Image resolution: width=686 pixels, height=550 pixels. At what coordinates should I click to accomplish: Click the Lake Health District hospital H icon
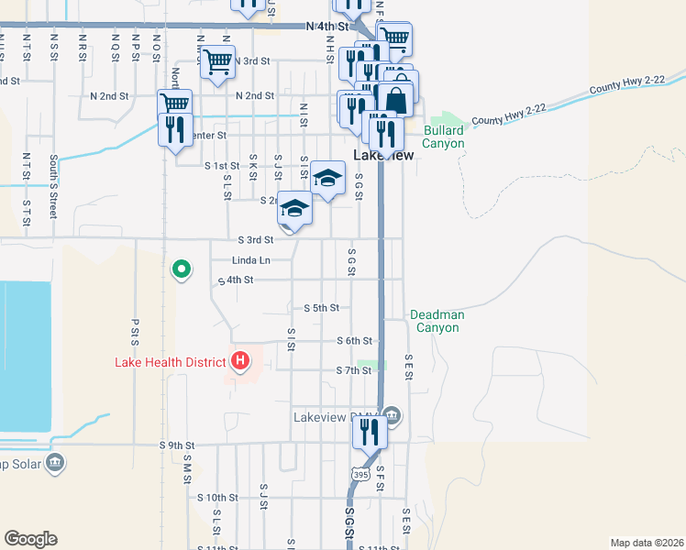(240, 361)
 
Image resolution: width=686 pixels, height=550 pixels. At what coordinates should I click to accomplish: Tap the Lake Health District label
(170, 362)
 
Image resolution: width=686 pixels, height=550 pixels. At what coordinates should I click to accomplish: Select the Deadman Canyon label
(437, 321)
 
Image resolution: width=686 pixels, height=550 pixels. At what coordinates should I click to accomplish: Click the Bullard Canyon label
(444, 137)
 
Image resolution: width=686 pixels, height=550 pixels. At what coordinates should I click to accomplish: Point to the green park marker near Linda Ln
(182, 269)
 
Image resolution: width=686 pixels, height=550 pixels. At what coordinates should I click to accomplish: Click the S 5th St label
(321, 308)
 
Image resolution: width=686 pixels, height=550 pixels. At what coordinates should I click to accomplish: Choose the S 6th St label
(353, 340)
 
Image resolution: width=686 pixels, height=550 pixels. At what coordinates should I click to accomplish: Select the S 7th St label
(353, 370)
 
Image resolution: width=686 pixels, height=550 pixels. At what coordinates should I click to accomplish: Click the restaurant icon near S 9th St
(370, 431)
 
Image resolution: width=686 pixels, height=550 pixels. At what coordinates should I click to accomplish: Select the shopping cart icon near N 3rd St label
(217, 61)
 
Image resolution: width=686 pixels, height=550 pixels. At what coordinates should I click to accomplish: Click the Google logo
(30, 539)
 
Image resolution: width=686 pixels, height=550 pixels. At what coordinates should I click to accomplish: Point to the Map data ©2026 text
(647, 543)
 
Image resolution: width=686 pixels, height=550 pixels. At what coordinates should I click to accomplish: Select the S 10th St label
(217, 497)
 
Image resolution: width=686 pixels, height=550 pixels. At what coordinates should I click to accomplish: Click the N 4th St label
(328, 27)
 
